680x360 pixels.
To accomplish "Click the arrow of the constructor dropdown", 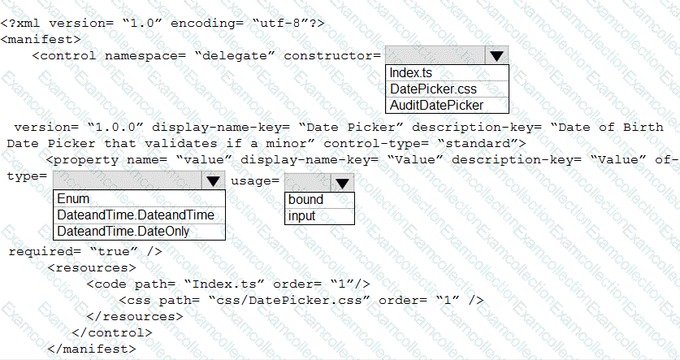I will [496, 55].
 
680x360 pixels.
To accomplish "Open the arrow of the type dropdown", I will [213, 181].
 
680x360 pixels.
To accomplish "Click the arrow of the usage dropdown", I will [342, 183].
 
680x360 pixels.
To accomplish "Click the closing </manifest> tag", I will [92, 349].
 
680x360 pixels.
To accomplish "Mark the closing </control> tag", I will [111, 332].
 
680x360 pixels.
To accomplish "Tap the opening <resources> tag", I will [91, 267].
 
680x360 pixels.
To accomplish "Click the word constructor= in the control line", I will [331, 55].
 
